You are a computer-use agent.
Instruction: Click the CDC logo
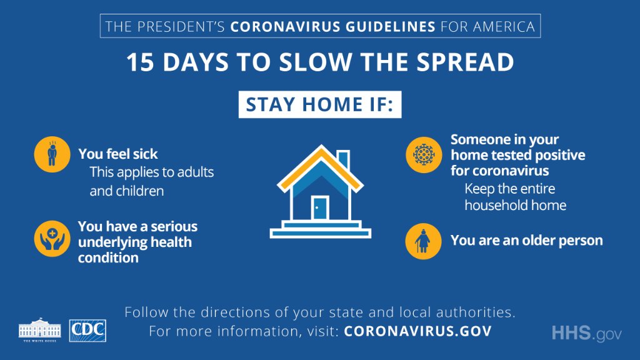click(x=87, y=331)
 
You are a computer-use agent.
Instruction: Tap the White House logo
click(x=40, y=330)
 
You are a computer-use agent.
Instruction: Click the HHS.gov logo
click(x=586, y=333)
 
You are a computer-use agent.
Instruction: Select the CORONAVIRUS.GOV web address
click(x=417, y=331)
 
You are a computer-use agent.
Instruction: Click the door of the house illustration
click(x=320, y=207)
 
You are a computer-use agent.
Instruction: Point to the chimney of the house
click(x=343, y=156)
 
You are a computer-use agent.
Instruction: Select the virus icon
click(x=423, y=154)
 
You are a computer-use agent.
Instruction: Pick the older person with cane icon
click(x=423, y=241)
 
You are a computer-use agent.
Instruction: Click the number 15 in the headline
click(x=141, y=62)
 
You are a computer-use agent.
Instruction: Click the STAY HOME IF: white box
click(x=319, y=104)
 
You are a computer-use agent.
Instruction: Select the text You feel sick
click(x=118, y=154)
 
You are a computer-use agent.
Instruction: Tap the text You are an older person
click(x=527, y=240)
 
